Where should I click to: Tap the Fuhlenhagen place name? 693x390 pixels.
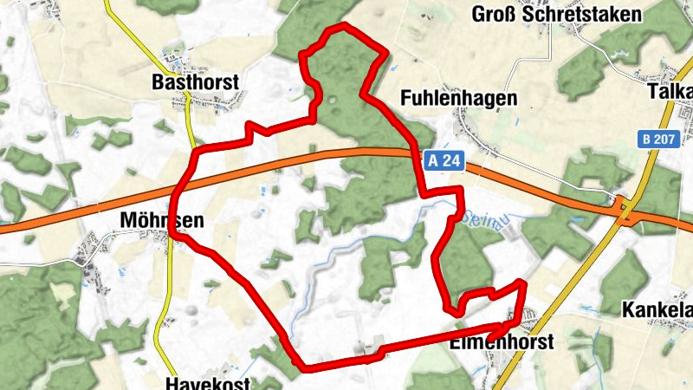(x=459, y=99)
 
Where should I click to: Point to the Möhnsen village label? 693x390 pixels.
(x=160, y=221)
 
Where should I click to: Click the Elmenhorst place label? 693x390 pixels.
(x=502, y=342)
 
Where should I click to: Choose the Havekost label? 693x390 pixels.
(x=208, y=383)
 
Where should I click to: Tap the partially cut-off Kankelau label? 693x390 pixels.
(x=658, y=309)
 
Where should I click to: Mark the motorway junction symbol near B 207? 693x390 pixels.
(x=624, y=208)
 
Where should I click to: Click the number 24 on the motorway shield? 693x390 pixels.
(x=452, y=160)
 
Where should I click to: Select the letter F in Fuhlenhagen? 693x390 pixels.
(x=406, y=99)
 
